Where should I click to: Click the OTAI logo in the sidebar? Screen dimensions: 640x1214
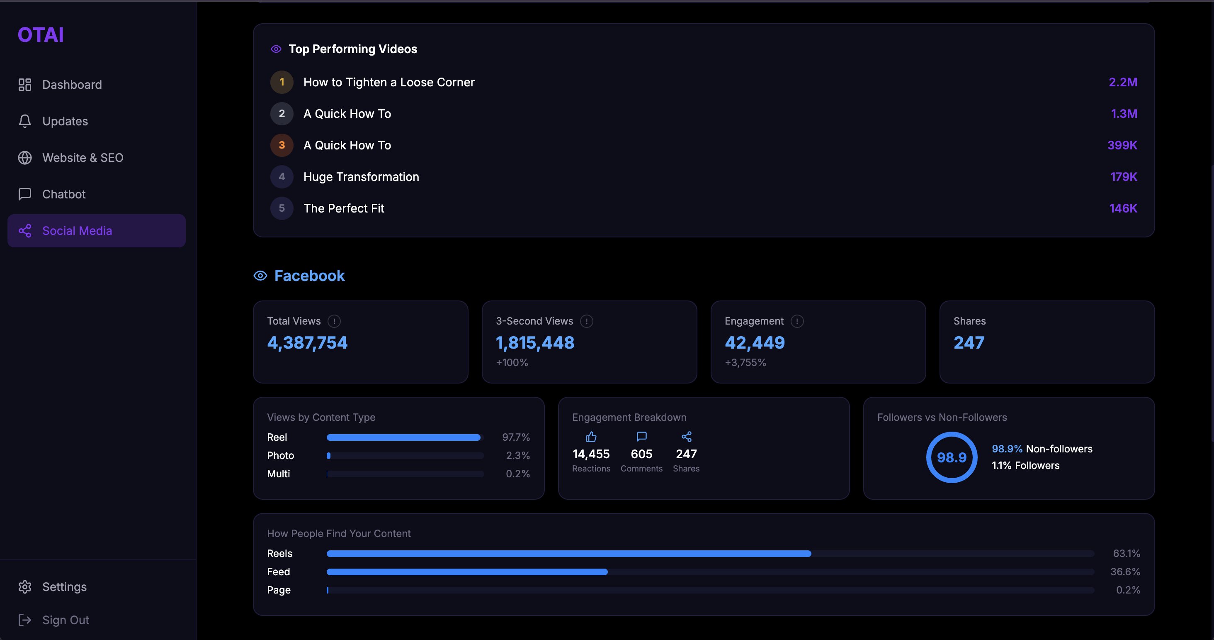point(41,35)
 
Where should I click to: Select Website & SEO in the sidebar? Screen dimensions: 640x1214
point(83,158)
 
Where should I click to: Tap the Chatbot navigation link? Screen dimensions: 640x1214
point(63,194)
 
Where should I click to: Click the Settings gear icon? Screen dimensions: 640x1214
point(24,587)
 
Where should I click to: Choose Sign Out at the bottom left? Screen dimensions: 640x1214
point(65,620)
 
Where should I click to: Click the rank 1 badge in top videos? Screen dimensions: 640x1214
point(282,82)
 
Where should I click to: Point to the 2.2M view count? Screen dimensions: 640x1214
point(1122,82)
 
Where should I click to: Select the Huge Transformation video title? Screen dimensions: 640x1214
point(361,177)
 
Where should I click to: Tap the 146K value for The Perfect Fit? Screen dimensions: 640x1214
point(1123,208)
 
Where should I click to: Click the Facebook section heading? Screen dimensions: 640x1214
point(309,276)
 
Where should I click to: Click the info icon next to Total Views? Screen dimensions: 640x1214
point(334,321)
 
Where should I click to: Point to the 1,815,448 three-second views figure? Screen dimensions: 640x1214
point(535,342)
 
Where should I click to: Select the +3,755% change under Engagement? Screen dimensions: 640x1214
point(745,362)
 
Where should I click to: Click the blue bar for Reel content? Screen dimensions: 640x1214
point(403,437)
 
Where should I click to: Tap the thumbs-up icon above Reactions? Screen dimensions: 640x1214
point(591,437)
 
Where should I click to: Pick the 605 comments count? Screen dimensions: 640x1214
point(641,454)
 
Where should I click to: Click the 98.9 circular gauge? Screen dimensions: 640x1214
point(952,457)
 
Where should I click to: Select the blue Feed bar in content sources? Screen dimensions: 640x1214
point(466,572)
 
